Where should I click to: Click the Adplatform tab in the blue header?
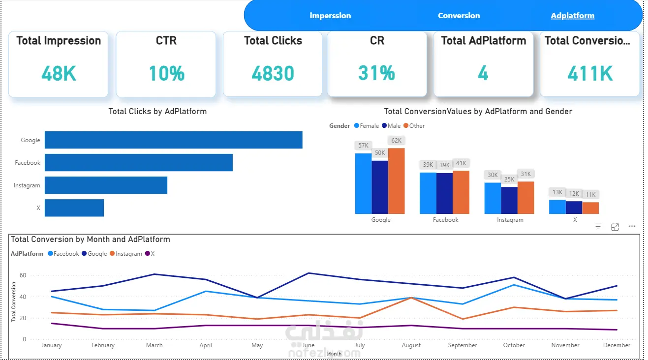pos(573,16)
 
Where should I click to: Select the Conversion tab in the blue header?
pos(459,16)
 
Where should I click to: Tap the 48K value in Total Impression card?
pos(59,73)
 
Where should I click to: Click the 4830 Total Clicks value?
pos(273,73)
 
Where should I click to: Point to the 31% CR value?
pos(377,73)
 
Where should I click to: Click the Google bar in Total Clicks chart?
pos(174,140)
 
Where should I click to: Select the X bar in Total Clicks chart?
pos(74,208)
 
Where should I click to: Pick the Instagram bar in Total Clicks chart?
pos(106,185)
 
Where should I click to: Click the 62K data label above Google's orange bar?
pos(396,141)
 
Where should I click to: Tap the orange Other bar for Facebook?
pos(461,192)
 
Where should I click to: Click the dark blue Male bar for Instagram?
pos(509,200)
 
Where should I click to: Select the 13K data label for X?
pos(557,192)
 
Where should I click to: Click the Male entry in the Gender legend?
pos(391,126)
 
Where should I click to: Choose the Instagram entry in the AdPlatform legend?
pos(126,254)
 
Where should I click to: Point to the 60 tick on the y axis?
pos(23,275)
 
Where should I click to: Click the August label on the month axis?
pos(411,345)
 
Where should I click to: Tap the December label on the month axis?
pos(617,345)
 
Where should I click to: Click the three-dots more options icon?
pos(632,226)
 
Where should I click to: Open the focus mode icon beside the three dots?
pos(615,227)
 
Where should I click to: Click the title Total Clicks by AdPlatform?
pos(157,112)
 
